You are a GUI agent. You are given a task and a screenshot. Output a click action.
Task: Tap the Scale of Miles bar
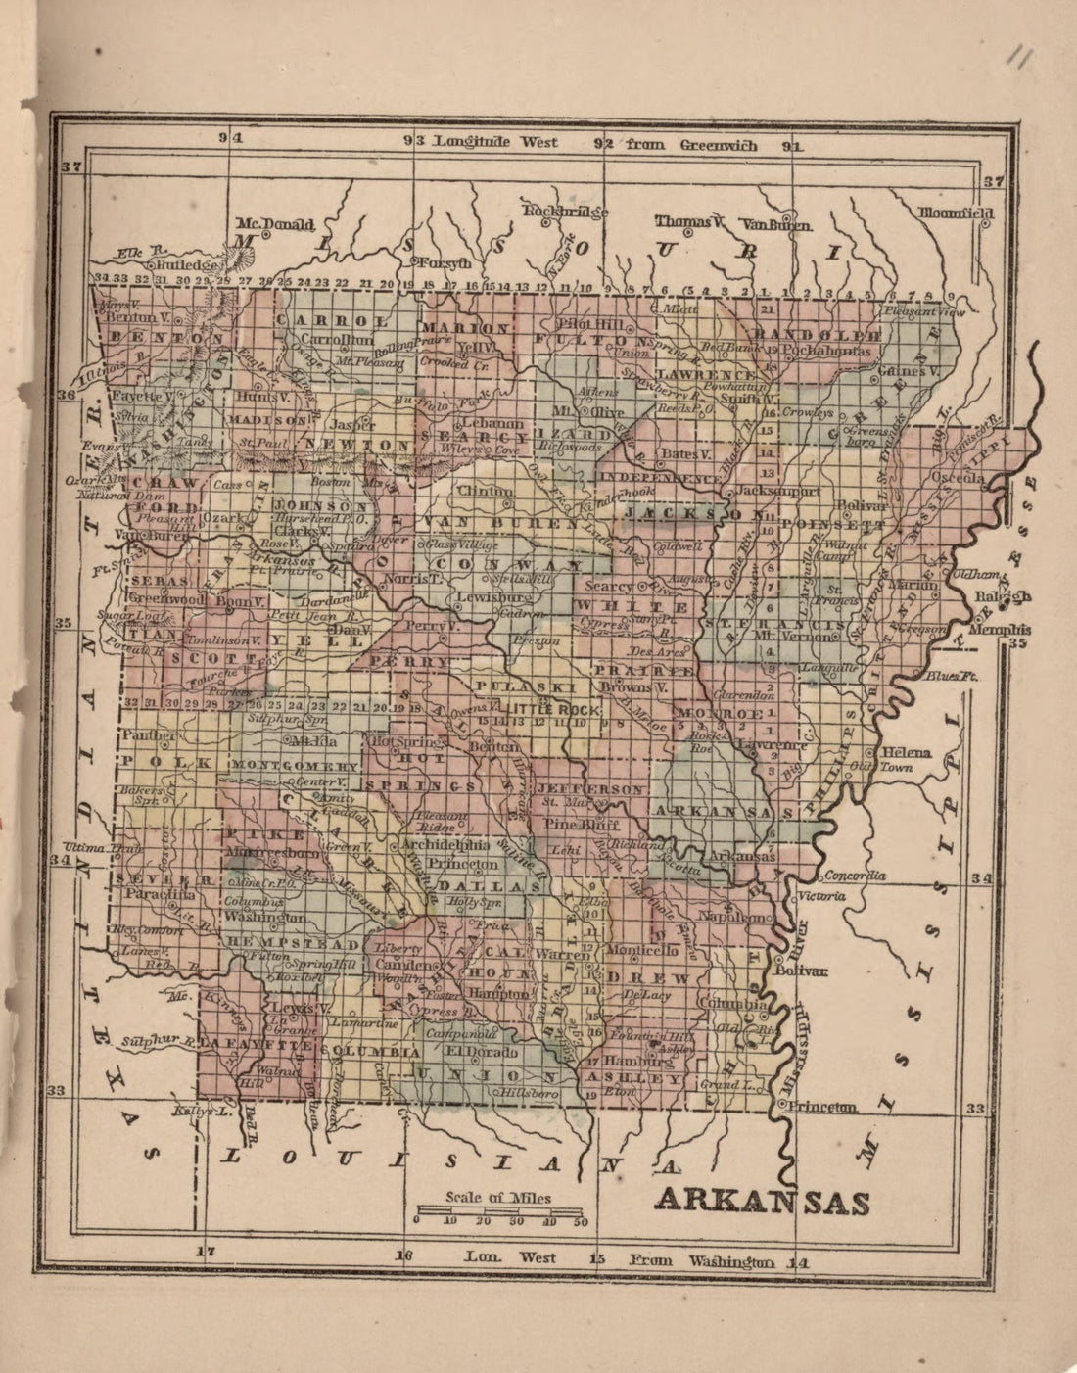[498, 1214]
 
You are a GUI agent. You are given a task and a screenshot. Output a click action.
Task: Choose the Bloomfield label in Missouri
[956, 213]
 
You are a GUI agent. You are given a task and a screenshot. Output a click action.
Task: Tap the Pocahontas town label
[826, 351]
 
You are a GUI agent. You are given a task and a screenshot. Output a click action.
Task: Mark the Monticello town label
[642, 950]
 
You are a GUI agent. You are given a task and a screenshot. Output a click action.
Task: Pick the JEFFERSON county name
[591, 788]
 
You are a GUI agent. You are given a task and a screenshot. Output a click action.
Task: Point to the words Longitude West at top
[496, 142]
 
